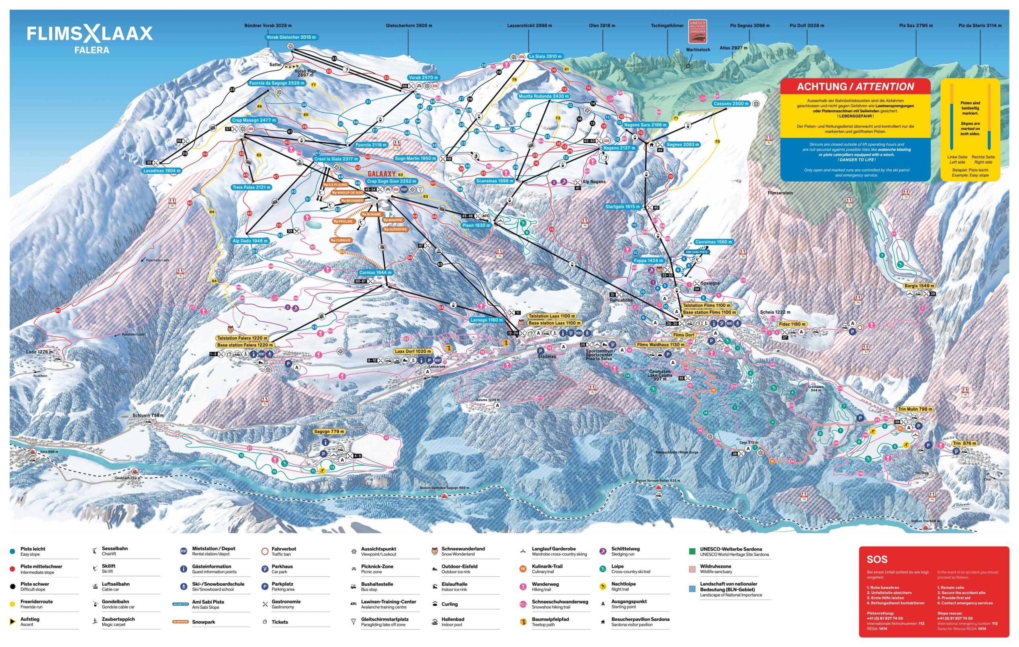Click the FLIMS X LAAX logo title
90,34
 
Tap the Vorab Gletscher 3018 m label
291,37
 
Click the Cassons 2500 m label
731,104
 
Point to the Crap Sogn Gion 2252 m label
391,181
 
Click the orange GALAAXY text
381,174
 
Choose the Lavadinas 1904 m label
162,171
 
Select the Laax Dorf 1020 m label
413,351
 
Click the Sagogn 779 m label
329,432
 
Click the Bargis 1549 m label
919,286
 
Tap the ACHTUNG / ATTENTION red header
855,87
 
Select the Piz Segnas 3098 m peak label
750,26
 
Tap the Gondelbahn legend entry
115,601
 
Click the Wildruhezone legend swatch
692,569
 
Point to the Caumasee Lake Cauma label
660,374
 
